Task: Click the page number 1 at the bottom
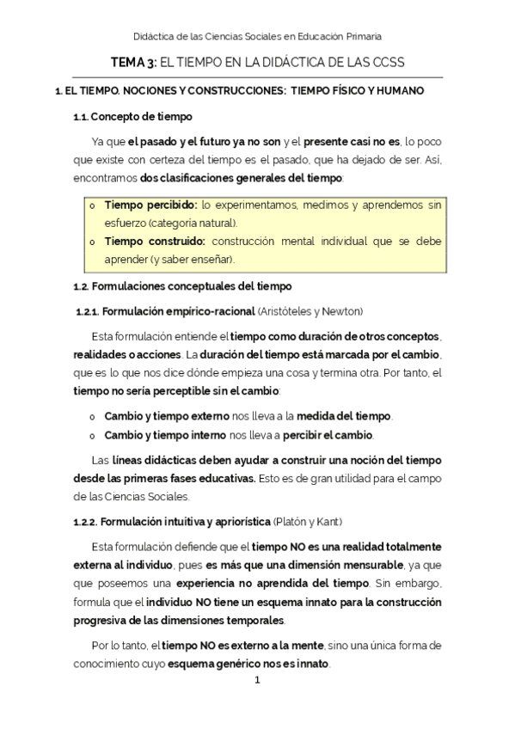click(256, 681)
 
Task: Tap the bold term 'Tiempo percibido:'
click(150, 205)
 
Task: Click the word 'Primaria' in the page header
click(362, 36)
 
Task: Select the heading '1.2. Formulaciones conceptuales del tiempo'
click(182, 285)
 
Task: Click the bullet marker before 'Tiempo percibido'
click(92, 206)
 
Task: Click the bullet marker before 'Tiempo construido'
click(92, 242)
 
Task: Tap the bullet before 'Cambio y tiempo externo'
click(92, 416)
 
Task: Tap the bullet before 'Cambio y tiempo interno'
click(92, 435)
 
